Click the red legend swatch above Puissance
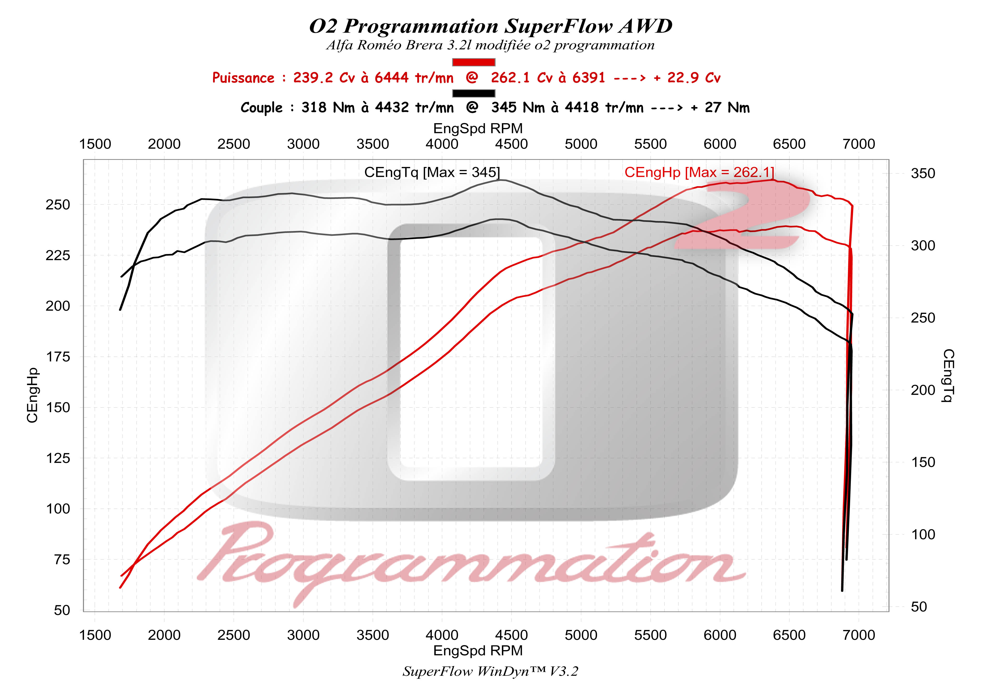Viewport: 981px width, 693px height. point(473,62)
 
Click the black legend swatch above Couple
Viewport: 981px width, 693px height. point(473,93)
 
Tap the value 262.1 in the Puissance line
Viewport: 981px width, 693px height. point(510,78)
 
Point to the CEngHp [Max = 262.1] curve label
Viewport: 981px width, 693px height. point(699,172)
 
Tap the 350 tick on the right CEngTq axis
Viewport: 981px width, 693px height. point(923,173)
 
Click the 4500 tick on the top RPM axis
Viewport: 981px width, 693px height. point(511,144)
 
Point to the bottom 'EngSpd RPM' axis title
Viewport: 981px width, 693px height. point(478,651)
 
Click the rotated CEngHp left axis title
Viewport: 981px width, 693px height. point(32,395)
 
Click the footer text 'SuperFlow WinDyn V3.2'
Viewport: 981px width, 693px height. point(490,672)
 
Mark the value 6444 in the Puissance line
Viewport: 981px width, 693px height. point(392,78)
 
